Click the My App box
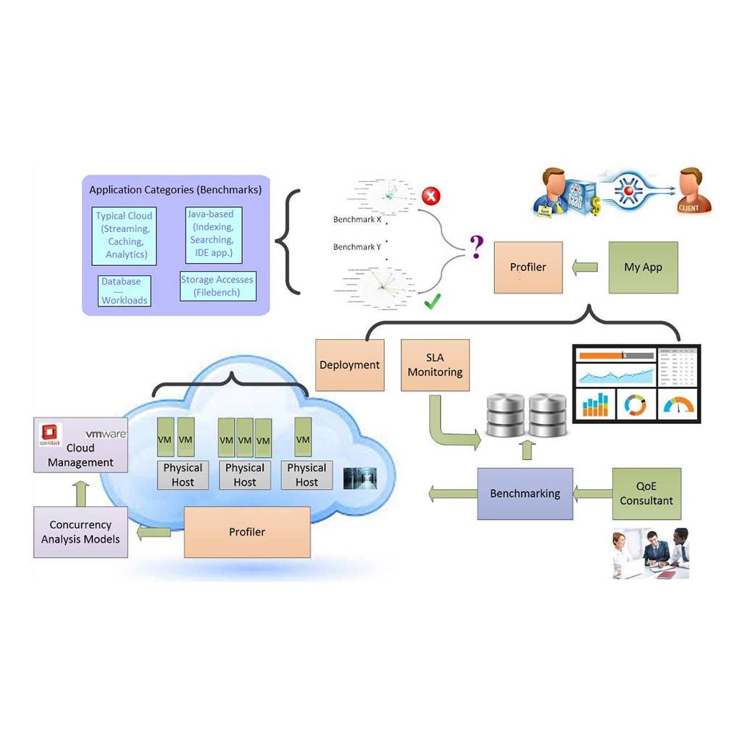[643, 267]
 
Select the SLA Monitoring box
[435, 365]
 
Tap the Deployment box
[350, 365]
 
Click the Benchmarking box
[525, 493]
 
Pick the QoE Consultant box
[646, 493]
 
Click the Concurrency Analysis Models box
[80, 532]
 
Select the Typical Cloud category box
[124, 235]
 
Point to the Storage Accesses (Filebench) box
[218, 286]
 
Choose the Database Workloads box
[124, 291]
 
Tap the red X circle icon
[431, 196]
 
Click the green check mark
[433, 301]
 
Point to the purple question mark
[475, 248]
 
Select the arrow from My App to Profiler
[585, 268]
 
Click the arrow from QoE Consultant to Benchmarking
[593, 494]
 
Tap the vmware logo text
[106, 434]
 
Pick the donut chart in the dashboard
[635, 404]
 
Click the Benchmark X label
[357, 220]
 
